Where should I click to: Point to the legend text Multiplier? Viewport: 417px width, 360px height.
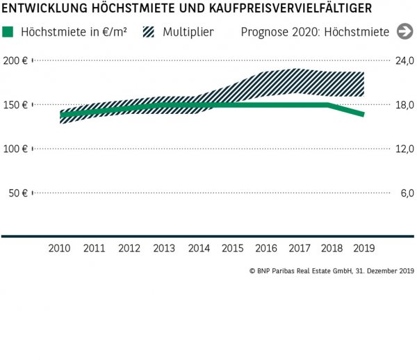(188, 32)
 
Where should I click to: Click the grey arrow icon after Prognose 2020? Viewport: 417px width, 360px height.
(404, 32)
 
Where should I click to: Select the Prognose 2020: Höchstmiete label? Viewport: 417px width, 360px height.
(315, 32)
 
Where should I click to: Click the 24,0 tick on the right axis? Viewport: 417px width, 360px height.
(404, 60)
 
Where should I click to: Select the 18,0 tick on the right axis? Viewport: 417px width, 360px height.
(404, 105)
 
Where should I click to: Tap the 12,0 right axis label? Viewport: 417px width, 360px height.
(404, 149)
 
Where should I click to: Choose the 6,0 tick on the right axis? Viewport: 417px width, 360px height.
(407, 193)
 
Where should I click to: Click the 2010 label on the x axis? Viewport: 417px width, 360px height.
(60, 248)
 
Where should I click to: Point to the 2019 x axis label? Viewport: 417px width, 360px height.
(363, 248)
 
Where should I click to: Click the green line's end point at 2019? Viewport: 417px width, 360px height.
(363, 114)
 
